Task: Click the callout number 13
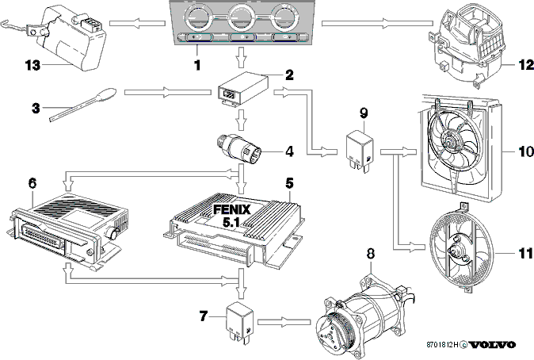pos(32,65)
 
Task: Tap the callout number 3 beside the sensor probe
pos(36,109)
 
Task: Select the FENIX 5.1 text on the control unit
pos(231,216)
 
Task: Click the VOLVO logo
pos(493,345)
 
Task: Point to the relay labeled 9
pos(360,149)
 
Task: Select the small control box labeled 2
pos(242,90)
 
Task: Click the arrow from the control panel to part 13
pos(137,23)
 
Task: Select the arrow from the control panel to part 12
pos(377,23)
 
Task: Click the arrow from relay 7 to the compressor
pos(284,322)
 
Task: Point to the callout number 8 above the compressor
pos(371,253)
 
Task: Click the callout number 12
pos(526,65)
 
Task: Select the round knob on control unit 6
pos(113,233)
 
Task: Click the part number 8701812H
pos(442,345)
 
